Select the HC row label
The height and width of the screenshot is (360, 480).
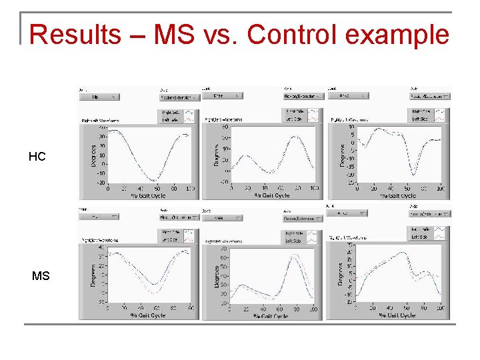pos(37,157)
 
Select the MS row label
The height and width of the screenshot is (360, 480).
pos(40,275)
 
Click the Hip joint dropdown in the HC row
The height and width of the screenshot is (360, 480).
pos(99,97)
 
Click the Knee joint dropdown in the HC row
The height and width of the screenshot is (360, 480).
pos(223,96)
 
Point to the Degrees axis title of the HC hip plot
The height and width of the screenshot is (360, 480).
pos(85,154)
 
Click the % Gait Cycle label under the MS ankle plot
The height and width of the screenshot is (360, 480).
pos(398,315)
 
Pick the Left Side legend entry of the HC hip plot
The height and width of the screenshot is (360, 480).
pos(171,120)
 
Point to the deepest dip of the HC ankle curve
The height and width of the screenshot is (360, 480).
pos(414,175)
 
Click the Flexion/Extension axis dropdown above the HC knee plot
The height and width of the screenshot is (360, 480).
pos(302,96)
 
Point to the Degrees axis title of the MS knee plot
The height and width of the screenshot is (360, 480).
pos(217,276)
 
